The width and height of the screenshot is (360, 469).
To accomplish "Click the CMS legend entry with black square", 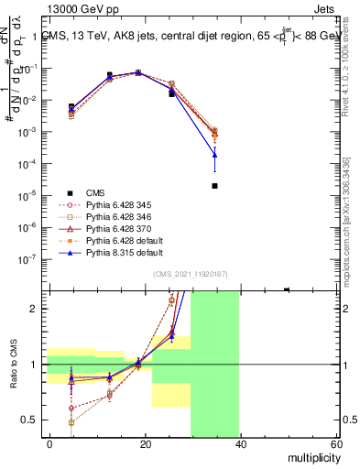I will [95, 192].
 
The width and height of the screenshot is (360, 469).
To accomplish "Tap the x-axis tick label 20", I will [145, 443].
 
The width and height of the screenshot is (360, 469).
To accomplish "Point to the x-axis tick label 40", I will [240, 443].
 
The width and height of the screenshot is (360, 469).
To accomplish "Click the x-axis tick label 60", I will [335, 443].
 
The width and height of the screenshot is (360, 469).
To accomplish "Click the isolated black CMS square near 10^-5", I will [214, 186].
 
